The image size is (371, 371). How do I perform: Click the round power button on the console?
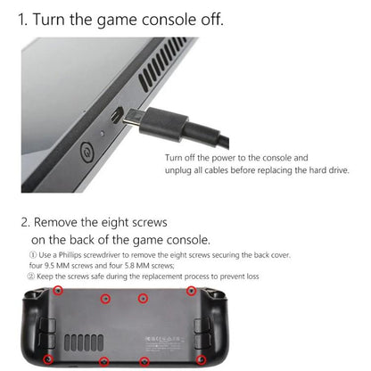coord(87,153)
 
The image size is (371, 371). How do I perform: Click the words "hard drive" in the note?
coord(326,169)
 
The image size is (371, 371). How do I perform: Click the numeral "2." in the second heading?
coord(27,221)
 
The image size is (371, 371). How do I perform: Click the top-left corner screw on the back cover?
coord(58,292)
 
